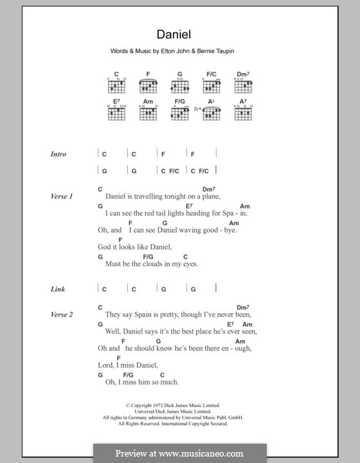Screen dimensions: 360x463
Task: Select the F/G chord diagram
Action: (179, 114)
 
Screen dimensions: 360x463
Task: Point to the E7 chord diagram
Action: (116, 114)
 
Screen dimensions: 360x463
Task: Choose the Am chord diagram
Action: (148, 114)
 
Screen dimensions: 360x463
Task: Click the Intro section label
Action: (59, 154)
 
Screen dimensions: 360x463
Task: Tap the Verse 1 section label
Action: (62, 196)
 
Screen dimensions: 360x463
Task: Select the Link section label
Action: (58, 289)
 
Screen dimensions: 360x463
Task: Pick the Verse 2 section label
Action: (62, 314)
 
